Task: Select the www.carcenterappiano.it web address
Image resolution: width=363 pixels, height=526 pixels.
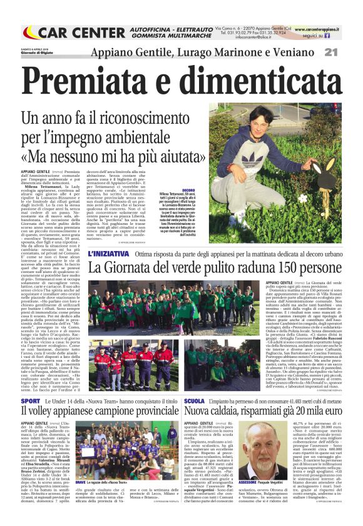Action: [x=325, y=29]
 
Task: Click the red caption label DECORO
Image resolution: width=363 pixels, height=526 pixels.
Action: [x=190, y=189]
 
